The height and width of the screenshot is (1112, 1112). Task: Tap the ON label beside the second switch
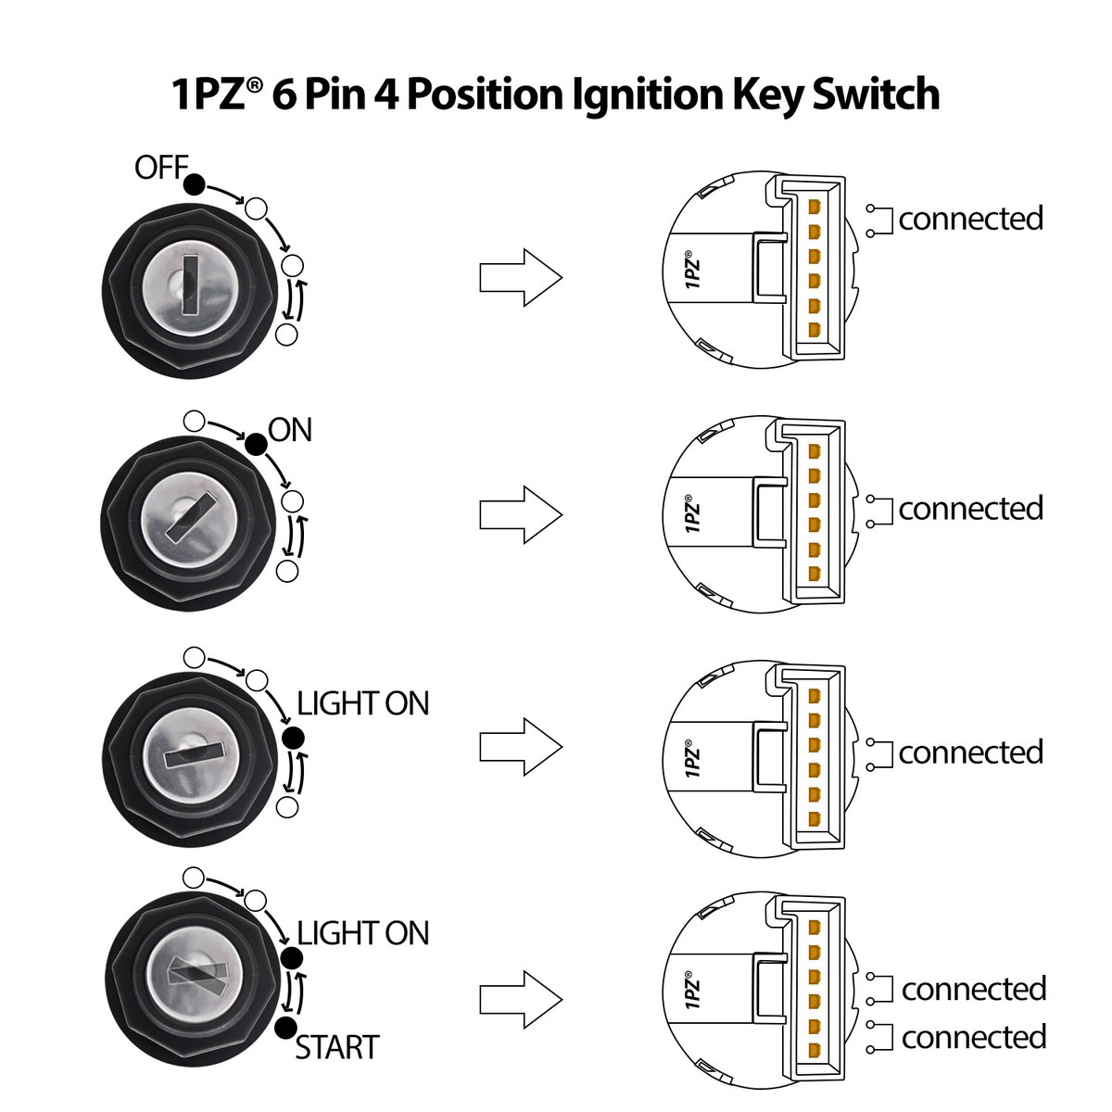tap(290, 430)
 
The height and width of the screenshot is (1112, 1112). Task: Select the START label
tap(337, 1048)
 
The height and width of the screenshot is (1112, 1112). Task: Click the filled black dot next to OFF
tap(194, 184)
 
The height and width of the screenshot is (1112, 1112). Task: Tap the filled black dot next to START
tap(285, 1026)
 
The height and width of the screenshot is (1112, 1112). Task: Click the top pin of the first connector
tap(815, 206)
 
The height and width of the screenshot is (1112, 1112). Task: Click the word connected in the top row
tap(970, 219)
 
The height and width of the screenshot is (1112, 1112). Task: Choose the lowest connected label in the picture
tap(973, 1037)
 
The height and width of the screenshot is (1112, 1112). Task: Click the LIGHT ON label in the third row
tap(363, 704)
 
